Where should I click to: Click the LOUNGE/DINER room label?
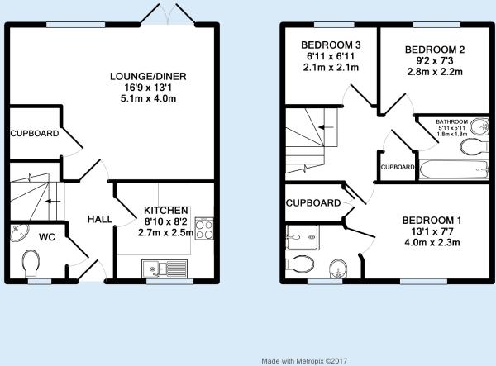148,77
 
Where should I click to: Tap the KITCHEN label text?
166,211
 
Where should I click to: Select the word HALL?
100,219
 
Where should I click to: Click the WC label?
47,237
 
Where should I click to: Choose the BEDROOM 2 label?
435,50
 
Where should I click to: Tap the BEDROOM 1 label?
432,221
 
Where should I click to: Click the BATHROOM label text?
451,121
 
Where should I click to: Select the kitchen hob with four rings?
204,228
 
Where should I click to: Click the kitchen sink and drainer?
165,269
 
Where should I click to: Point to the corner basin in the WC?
19,233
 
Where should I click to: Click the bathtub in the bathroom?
454,170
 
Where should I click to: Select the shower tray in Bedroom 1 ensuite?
302,237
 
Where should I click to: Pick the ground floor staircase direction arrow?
53,202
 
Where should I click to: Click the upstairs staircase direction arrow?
327,127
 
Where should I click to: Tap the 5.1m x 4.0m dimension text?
148,98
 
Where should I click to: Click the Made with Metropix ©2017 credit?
304,360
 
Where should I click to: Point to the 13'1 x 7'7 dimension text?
432,231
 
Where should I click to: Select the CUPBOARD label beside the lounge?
35,133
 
